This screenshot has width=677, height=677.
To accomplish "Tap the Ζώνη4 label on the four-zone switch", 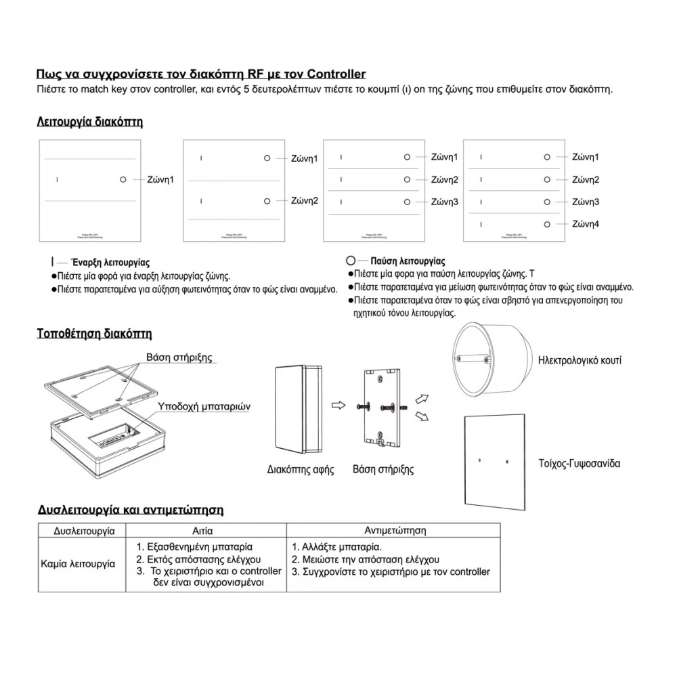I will point(585,224).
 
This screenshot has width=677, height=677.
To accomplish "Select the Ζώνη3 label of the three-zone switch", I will point(444,202).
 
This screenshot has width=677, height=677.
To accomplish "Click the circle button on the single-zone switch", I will point(123,179).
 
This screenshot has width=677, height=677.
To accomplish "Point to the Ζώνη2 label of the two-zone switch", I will point(304,200).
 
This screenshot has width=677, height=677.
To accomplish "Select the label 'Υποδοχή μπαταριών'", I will point(204,407).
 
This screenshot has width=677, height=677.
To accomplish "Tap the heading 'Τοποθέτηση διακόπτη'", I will point(93,334).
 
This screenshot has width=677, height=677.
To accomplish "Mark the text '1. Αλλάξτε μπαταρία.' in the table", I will point(337,546).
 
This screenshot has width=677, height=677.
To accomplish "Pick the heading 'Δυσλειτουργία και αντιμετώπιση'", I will point(130,510).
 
